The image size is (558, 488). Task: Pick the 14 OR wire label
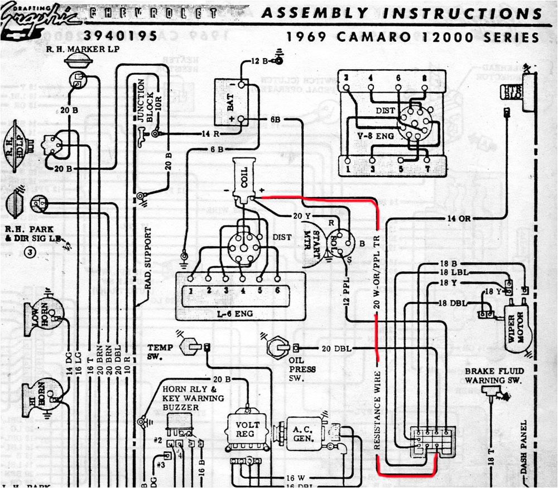tap(459, 218)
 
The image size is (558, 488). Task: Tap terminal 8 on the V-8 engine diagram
tap(425, 78)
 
